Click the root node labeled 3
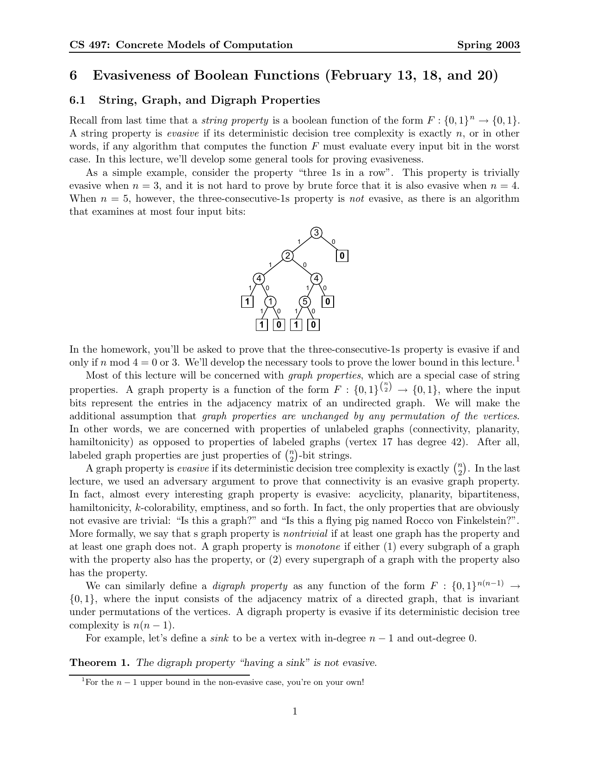[x=316, y=233]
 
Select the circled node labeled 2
[x=288, y=256]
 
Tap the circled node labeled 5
[x=304, y=302]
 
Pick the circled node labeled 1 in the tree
[x=270, y=302]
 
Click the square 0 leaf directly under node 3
[x=342, y=256]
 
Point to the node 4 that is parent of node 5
[x=316, y=279]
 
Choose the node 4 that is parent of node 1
[x=259, y=279]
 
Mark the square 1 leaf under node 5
[x=296, y=325]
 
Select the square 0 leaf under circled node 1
[x=279, y=325]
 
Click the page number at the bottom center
[x=295, y=711]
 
